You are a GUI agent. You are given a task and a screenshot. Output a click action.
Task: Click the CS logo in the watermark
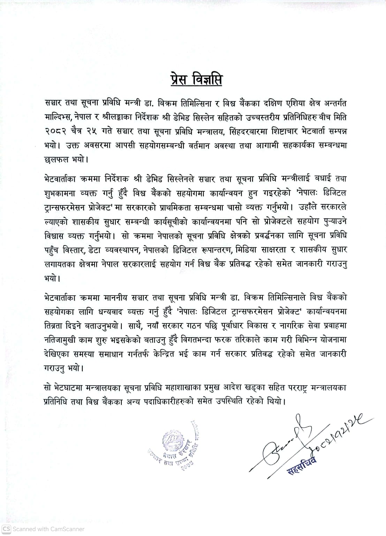click(x=7, y=529)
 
